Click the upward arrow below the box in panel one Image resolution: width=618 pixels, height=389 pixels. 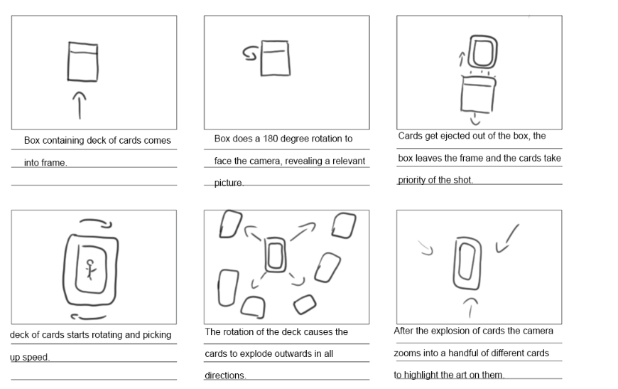click(x=80, y=104)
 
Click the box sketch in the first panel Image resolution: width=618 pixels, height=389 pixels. click(x=82, y=63)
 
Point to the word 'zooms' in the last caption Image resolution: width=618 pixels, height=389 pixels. click(x=406, y=353)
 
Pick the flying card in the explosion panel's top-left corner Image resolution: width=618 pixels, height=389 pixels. click(x=229, y=225)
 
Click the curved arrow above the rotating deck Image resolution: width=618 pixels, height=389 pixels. click(x=96, y=223)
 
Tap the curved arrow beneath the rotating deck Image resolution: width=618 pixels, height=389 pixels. click(x=87, y=316)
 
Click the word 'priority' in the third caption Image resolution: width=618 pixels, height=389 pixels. click(x=413, y=180)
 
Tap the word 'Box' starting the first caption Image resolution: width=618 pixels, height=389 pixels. click(x=32, y=141)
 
